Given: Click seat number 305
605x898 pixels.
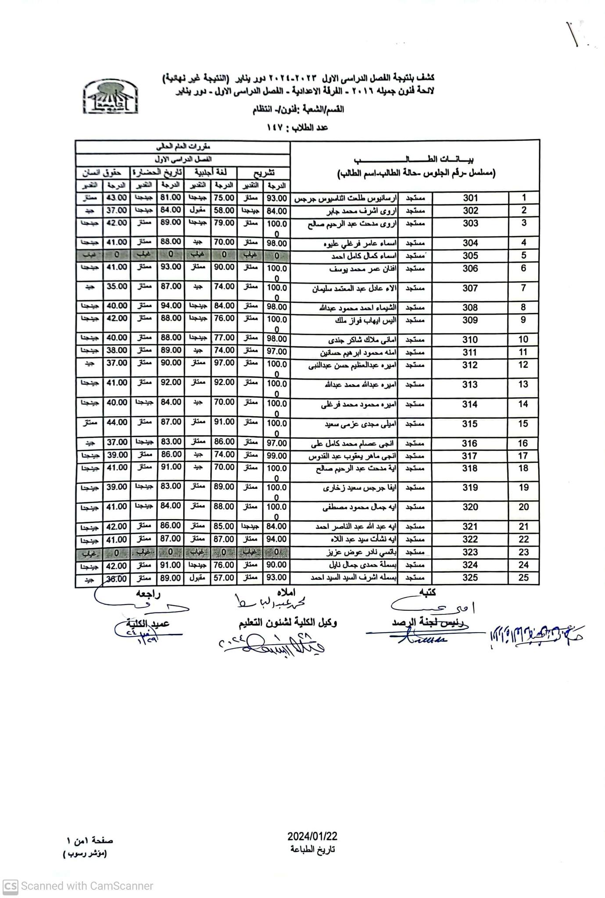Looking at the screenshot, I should pos(470,256).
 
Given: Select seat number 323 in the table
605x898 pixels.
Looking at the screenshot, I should pos(470,552).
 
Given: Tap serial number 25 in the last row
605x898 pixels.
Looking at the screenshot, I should pos(523,578).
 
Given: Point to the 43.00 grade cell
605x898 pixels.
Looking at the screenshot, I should pos(117,198).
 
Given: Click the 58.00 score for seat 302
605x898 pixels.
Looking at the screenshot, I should pos(224,211).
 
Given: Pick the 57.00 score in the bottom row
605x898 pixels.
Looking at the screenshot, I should pos(224,578).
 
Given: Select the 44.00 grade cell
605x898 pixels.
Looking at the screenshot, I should pos(117,422).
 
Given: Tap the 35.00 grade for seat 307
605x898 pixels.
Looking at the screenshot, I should pos(117,287).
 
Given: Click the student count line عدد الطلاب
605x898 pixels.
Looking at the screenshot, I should pos(297,128).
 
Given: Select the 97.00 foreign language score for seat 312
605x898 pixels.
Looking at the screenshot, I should pos(224,363).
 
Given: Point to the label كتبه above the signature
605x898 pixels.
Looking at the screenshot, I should pos(427,593).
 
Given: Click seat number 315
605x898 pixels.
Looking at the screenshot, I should pos(470,424).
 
